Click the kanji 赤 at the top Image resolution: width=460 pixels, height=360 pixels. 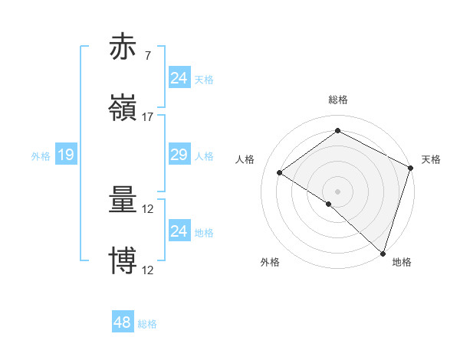click(x=123, y=48)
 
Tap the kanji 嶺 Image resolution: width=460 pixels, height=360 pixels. click(x=123, y=109)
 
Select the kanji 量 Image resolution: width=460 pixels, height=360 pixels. click(x=123, y=201)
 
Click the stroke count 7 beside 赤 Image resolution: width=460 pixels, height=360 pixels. click(x=147, y=56)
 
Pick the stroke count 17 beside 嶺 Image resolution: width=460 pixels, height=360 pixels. click(x=148, y=116)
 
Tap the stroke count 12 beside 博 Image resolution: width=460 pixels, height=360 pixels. click(x=148, y=270)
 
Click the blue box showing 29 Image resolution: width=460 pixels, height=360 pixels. click(x=179, y=155)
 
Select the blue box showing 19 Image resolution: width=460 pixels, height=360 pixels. click(x=65, y=155)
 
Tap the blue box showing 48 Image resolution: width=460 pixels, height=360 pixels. click(x=122, y=322)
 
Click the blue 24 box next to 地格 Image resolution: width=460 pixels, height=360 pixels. click(x=179, y=231)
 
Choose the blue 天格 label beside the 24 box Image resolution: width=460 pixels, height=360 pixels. click(x=204, y=79)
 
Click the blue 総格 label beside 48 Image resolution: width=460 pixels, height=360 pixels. click(x=147, y=324)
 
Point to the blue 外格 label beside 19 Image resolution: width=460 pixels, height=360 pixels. click(x=41, y=155)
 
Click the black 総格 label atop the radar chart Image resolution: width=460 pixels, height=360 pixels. click(x=337, y=100)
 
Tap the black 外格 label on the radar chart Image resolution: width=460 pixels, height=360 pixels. click(x=270, y=262)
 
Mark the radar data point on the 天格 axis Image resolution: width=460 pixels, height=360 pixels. click(x=410, y=168)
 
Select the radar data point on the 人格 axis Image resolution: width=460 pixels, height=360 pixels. click(x=280, y=172)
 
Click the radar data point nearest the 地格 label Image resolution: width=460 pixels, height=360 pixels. click(x=383, y=253)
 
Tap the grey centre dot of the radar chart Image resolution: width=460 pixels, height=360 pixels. click(x=337, y=191)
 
